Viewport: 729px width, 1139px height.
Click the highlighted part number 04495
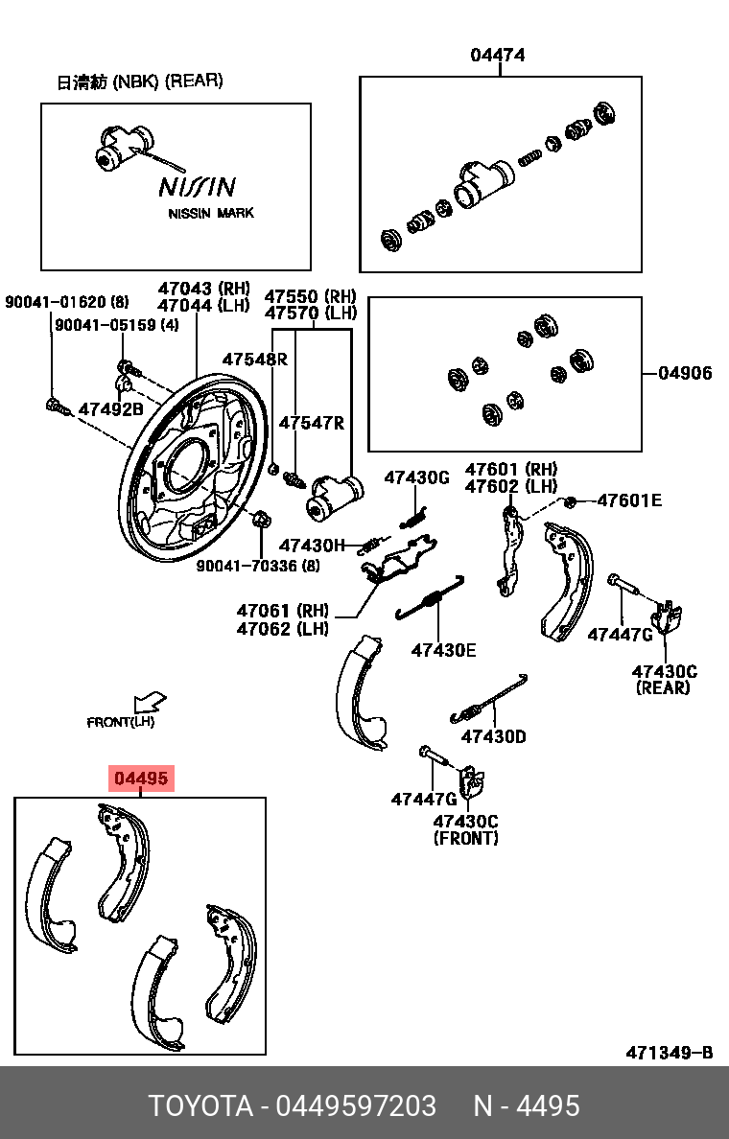tap(141, 779)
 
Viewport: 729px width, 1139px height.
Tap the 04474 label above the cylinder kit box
tap(497, 56)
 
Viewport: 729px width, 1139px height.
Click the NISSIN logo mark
tap(197, 185)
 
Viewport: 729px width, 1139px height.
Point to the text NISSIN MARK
tap(211, 213)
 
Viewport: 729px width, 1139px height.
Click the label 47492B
tap(110, 409)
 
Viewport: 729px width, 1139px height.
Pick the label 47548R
tap(255, 360)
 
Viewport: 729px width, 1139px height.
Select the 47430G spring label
tap(416, 477)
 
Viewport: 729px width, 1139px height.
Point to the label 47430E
tap(443, 650)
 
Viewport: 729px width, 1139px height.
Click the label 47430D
tap(493, 736)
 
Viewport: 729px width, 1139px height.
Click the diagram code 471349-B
tap(669, 1053)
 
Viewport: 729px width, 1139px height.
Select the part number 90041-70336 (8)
tap(258, 567)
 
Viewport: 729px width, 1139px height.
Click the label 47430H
tap(312, 545)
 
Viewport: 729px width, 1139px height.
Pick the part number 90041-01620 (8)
tap(66, 302)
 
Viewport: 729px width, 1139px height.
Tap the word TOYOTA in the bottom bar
tap(200, 1105)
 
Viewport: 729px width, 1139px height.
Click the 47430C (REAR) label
tap(662, 679)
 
